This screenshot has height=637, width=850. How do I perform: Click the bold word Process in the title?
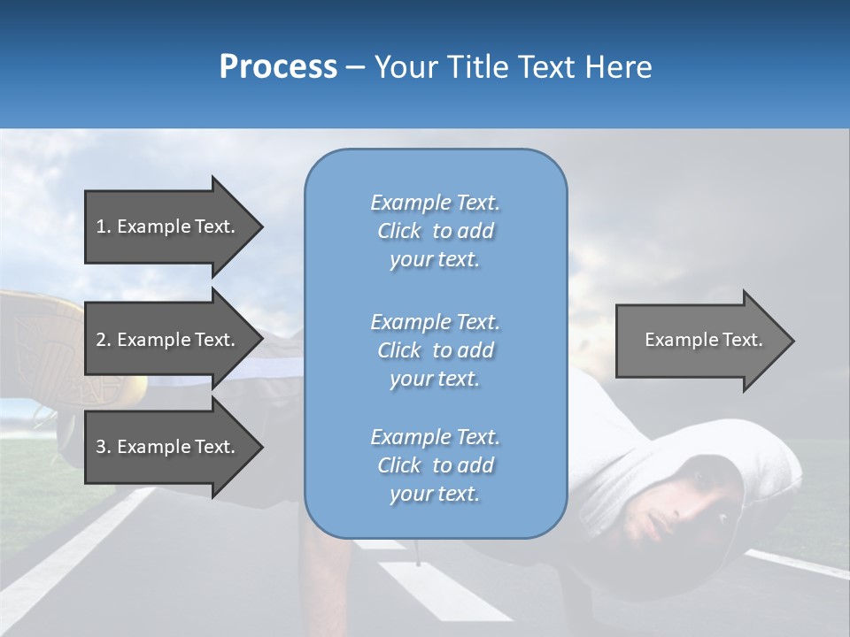(x=278, y=67)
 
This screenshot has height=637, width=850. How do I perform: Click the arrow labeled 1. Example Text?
(x=168, y=226)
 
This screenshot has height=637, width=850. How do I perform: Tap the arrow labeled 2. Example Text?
(x=168, y=340)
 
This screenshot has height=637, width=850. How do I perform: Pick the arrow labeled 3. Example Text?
(x=168, y=447)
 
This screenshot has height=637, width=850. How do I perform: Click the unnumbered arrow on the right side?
(x=699, y=340)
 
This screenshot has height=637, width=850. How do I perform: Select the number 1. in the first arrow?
(x=104, y=226)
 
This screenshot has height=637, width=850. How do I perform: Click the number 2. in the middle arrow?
(x=104, y=340)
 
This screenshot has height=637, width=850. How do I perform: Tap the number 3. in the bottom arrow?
(x=104, y=447)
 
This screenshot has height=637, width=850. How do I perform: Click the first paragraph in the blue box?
(x=435, y=231)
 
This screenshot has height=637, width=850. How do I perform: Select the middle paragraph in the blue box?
(x=435, y=350)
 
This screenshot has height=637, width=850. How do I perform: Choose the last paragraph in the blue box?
(x=435, y=465)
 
